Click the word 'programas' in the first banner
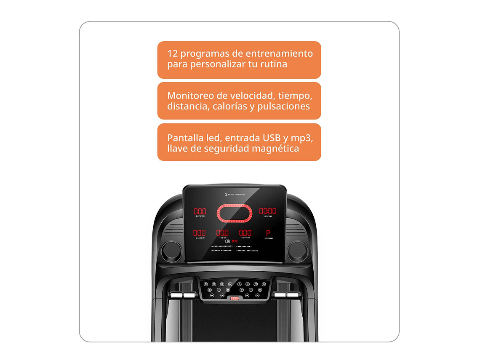[x=200, y=54]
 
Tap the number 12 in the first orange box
[x=172, y=53]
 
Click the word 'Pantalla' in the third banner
[x=184, y=138]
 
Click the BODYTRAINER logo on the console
[x=232, y=195]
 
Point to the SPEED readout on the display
[x=200, y=211]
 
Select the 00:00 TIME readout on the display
[x=267, y=211]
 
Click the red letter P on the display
[x=268, y=233]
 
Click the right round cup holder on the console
[x=298, y=251]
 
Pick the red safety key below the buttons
[x=235, y=299]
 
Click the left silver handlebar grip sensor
[x=182, y=296]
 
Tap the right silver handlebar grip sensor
[x=286, y=296]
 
